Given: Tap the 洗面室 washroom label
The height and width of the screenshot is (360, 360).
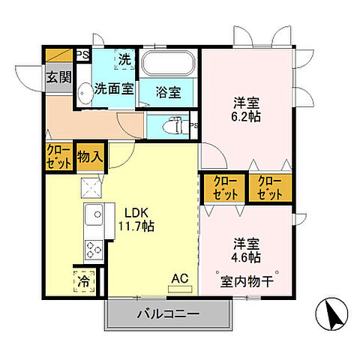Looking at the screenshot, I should point(114,88).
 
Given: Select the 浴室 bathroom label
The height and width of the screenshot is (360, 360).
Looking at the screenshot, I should point(169,92).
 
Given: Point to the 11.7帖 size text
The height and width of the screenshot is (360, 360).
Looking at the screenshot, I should point(135,226).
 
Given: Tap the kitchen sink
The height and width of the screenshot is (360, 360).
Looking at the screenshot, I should point(94,216).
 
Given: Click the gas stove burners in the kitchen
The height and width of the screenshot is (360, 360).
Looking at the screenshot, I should point(94,247).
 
